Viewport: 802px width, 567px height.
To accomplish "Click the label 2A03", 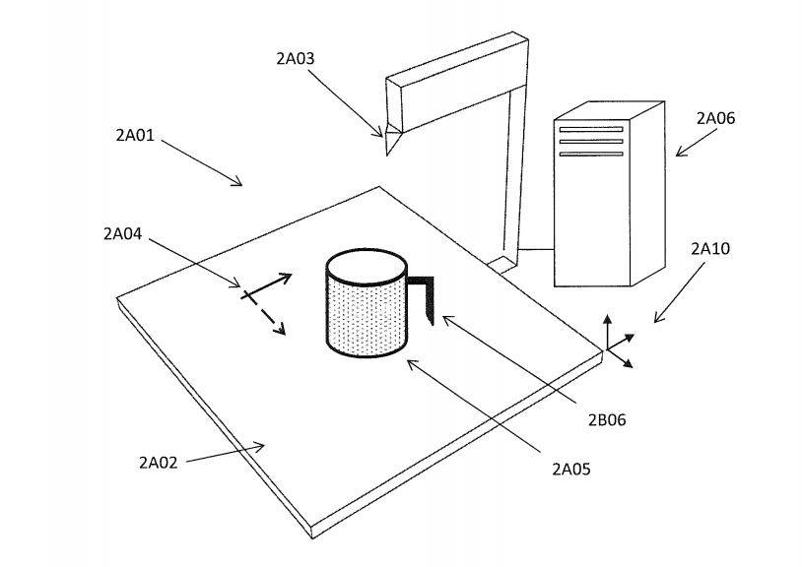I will [x=295, y=58].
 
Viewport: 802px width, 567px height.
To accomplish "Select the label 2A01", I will [x=135, y=135].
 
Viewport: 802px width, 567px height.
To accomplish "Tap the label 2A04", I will [x=122, y=233].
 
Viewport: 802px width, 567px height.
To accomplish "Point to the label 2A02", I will [x=158, y=461].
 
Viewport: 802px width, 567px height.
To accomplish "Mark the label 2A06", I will [x=715, y=118].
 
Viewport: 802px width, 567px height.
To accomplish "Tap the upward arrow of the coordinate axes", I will [x=607, y=327].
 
